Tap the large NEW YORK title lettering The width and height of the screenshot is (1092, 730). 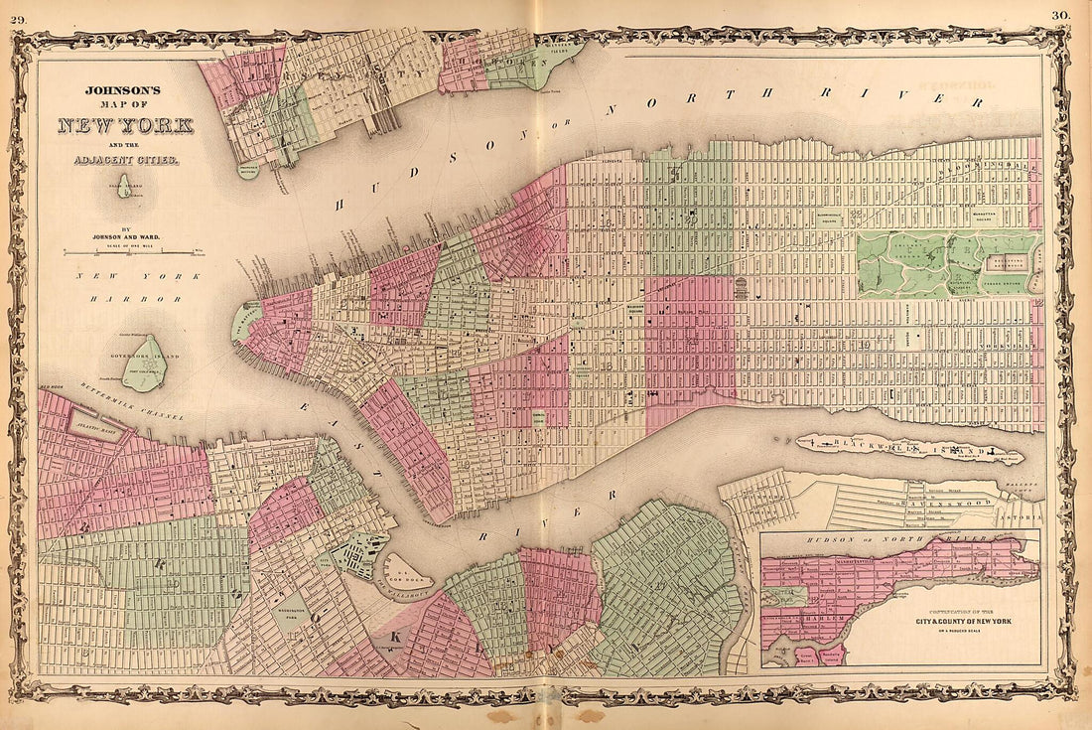click(125, 126)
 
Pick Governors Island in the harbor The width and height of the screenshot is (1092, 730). click(145, 364)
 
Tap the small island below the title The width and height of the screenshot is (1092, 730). click(125, 187)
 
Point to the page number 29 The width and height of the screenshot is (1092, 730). click(18, 15)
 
